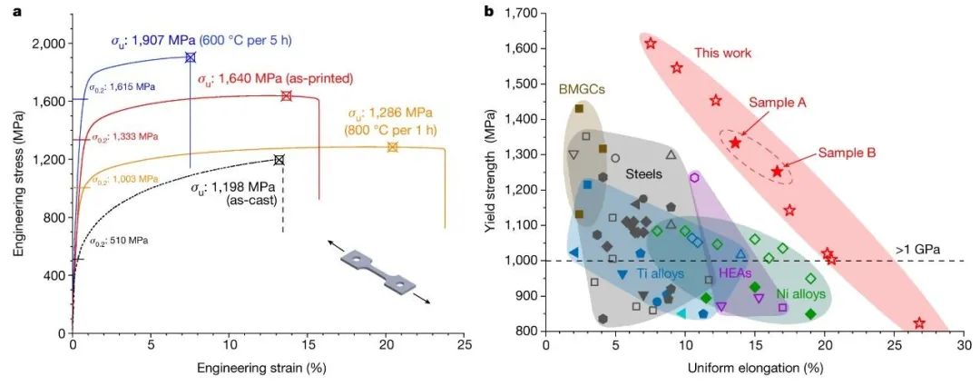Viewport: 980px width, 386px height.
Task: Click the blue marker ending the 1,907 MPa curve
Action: coord(191,57)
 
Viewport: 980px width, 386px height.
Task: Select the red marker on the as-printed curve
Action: coord(287,96)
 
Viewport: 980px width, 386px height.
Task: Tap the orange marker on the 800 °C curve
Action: coord(393,147)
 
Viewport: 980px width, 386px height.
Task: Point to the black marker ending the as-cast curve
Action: coord(279,160)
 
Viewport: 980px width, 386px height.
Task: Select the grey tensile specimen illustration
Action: coord(379,272)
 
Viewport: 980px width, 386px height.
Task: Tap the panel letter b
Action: coord(490,12)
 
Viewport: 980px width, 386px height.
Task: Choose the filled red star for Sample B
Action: coord(777,172)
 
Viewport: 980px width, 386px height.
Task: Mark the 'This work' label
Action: coord(723,54)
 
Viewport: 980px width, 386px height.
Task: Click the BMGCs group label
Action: coord(583,88)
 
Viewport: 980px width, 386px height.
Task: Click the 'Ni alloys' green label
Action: coord(800,294)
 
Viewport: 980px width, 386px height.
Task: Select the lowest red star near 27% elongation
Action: coord(919,323)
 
